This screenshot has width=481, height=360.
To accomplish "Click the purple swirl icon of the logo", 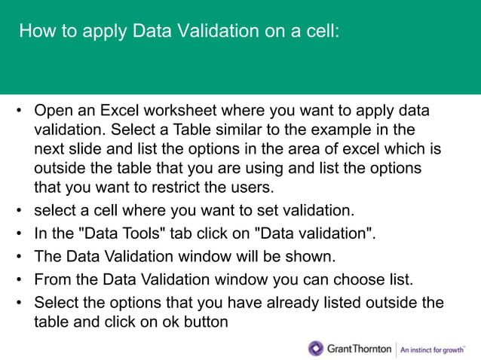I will point(316,348).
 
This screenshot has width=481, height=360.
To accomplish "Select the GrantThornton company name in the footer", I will point(359,349).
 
